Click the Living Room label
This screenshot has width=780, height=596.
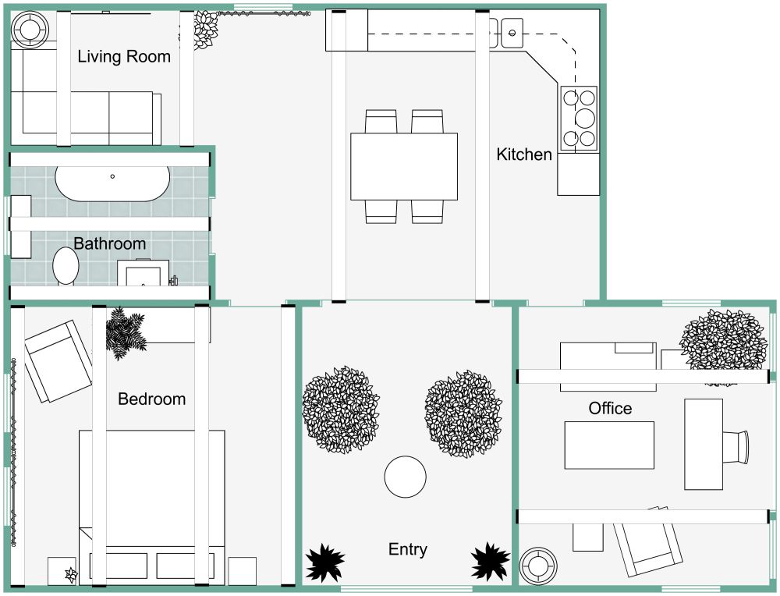123,56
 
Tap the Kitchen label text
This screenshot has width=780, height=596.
523,154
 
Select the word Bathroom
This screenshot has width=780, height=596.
109,243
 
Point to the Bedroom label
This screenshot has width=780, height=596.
151,399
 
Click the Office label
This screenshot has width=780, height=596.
610,408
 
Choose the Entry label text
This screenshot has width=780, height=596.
407,549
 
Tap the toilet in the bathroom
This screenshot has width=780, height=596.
66,265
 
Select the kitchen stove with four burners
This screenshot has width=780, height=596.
577,118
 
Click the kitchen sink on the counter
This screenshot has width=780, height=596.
512,34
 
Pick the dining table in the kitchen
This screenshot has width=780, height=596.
403,166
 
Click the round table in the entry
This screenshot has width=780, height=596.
406,477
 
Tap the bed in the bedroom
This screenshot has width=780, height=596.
151,499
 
